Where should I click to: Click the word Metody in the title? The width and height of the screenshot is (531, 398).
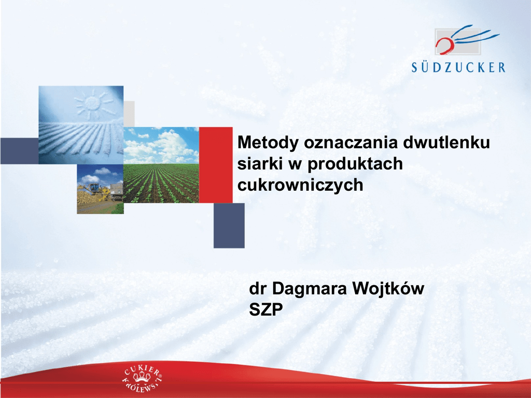[x=268, y=143]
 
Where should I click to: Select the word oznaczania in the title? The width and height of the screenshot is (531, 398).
[x=351, y=143]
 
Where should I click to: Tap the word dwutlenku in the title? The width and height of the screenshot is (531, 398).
[x=446, y=142]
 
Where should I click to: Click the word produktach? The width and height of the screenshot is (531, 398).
[x=355, y=164]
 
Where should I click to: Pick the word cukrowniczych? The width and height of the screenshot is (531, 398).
[x=300, y=185]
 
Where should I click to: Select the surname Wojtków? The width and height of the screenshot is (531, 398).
[x=388, y=289]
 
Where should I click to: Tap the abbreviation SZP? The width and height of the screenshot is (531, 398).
[x=266, y=309]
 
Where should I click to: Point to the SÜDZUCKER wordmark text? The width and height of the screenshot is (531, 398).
[x=458, y=67]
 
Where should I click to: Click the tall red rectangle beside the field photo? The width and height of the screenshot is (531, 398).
[x=216, y=165]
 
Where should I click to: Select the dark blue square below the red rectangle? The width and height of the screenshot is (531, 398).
[x=229, y=225]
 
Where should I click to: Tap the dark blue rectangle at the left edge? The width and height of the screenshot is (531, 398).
[x=19, y=151]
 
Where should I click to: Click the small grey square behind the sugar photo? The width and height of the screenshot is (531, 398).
[x=129, y=113]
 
